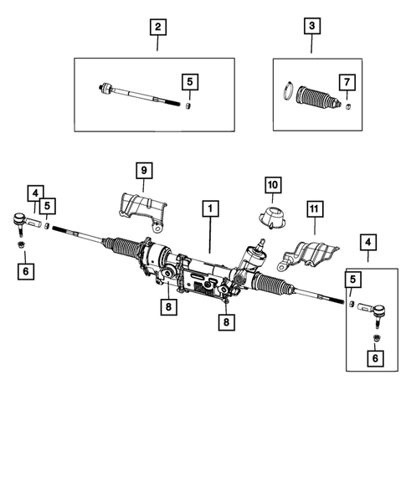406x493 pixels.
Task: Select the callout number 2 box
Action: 157,27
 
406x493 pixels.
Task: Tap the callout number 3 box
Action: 311,27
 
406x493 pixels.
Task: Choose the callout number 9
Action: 143,171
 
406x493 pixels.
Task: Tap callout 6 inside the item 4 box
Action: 373,358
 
